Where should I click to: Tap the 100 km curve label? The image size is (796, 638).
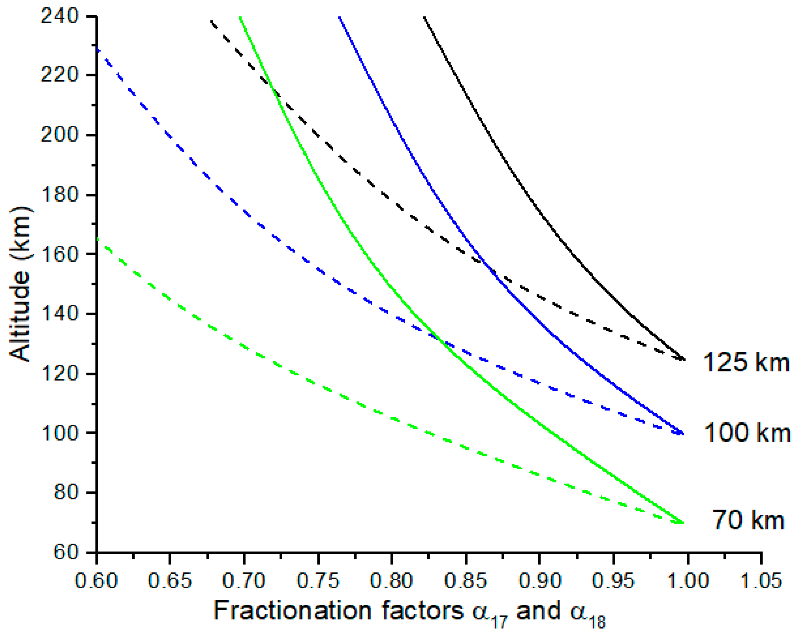point(746,433)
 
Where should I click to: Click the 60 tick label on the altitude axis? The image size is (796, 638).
point(66,552)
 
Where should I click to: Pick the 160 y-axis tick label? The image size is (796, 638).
point(59,254)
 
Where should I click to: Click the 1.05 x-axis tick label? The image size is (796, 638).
point(761,580)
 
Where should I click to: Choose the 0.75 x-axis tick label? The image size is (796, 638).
point(318,580)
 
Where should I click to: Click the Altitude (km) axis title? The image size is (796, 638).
point(20,284)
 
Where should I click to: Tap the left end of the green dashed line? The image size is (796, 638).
point(97,239)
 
